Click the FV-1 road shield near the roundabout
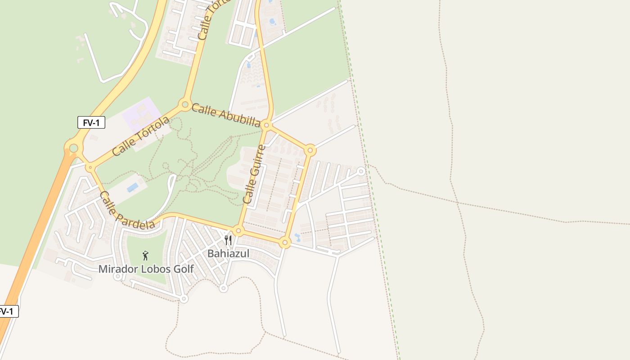coord(91,122)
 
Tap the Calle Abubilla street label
coord(226,115)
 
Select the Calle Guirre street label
coord(254,174)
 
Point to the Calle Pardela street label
coord(127,210)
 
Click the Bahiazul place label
coord(228,254)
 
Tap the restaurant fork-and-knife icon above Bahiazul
coord(228,240)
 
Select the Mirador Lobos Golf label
coord(146,269)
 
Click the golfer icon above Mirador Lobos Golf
coord(145,256)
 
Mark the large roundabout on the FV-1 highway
coord(73,147)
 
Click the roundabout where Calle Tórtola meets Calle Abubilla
coord(185,105)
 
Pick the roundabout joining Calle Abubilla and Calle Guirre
coord(266,125)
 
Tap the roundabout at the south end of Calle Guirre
coord(238,231)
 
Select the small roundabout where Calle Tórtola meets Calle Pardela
coord(90,167)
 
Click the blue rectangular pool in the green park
coord(132,187)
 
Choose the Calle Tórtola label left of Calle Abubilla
coord(141,136)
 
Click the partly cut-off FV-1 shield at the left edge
coord(8,311)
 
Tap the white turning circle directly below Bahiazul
coord(223,288)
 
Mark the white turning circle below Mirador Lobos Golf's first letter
coord(117,276)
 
